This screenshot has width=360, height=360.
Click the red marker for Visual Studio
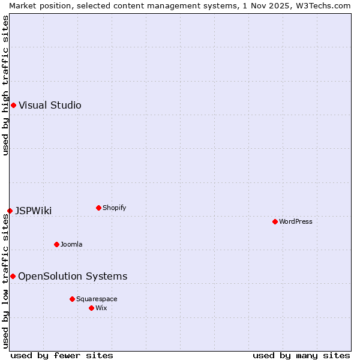(x=13, y=106)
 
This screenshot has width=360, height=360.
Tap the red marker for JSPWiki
(x=10, y=211)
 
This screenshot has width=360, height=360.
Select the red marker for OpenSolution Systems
(x=13, y=276)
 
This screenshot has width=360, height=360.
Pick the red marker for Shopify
(x=98, y=208)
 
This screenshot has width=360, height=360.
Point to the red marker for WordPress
(x=275, y=221)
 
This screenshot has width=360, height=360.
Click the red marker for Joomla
(x=56, y=244)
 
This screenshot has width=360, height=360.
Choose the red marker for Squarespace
(x=72, y=299)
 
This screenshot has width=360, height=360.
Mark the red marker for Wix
(x=91, y=308)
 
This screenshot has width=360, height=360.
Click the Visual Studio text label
(x=50, y=106)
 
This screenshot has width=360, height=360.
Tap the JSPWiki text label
(x=33, y=211)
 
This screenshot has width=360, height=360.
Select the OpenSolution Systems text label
(x=73, y=276)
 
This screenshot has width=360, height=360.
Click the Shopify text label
(x=114, y=208)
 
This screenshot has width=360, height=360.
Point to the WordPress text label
(x=296, y=221)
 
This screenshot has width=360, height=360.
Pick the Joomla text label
(x=71, y=244)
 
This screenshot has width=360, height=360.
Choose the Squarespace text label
(x=97, y=299)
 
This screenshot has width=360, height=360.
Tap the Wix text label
(x=101, y=308)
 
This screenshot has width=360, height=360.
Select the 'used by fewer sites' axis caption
(x=62, y=355)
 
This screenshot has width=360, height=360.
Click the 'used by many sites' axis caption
(x=301, y=355)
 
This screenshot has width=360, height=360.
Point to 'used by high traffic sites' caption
(x=5, y=85)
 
